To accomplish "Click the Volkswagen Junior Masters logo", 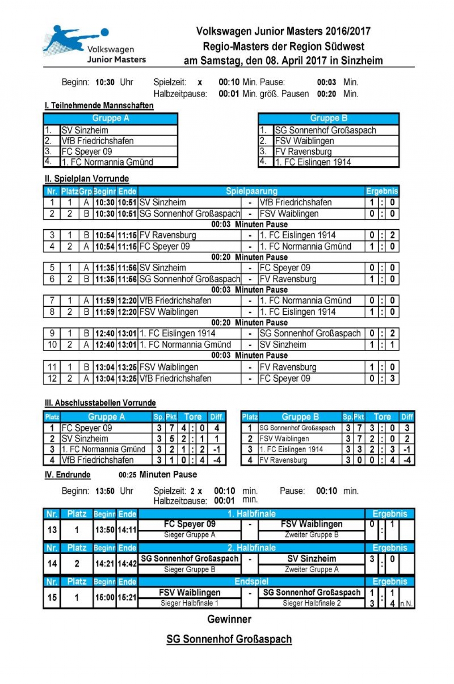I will click(x=94, y=44).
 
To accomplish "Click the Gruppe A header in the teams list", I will click(x=110, y=118).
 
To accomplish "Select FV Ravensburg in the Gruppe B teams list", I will click(x=303, y=152).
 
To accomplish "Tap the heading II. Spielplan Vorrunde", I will click(x=87, y=179).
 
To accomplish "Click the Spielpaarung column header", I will click(x=251, y=191).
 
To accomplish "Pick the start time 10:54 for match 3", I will click(x=105, y=235).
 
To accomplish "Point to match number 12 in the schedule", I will click(x=52, y=379).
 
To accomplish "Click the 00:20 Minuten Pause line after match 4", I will click(x=249, y=257).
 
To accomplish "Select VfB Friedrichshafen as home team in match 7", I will click(x=175, y=301).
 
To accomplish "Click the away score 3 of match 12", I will click(x=392, y=379).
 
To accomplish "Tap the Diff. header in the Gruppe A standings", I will click(x=217, y=417).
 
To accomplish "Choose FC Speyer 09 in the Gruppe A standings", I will click(x=87, y=428).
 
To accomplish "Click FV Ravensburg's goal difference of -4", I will click(x=407, y=460).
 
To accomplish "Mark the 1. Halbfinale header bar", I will click(x=251, y=514).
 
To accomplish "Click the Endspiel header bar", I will click(x=251, y=582).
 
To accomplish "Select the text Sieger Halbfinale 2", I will click(x=312, y=603).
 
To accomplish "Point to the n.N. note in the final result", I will click(x=406, y=604).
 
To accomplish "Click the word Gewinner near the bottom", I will click(x=229, y=619).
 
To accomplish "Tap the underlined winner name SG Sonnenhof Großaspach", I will click(x=229, y=639).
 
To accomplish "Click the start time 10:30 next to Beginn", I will click(x=105, y=82).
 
